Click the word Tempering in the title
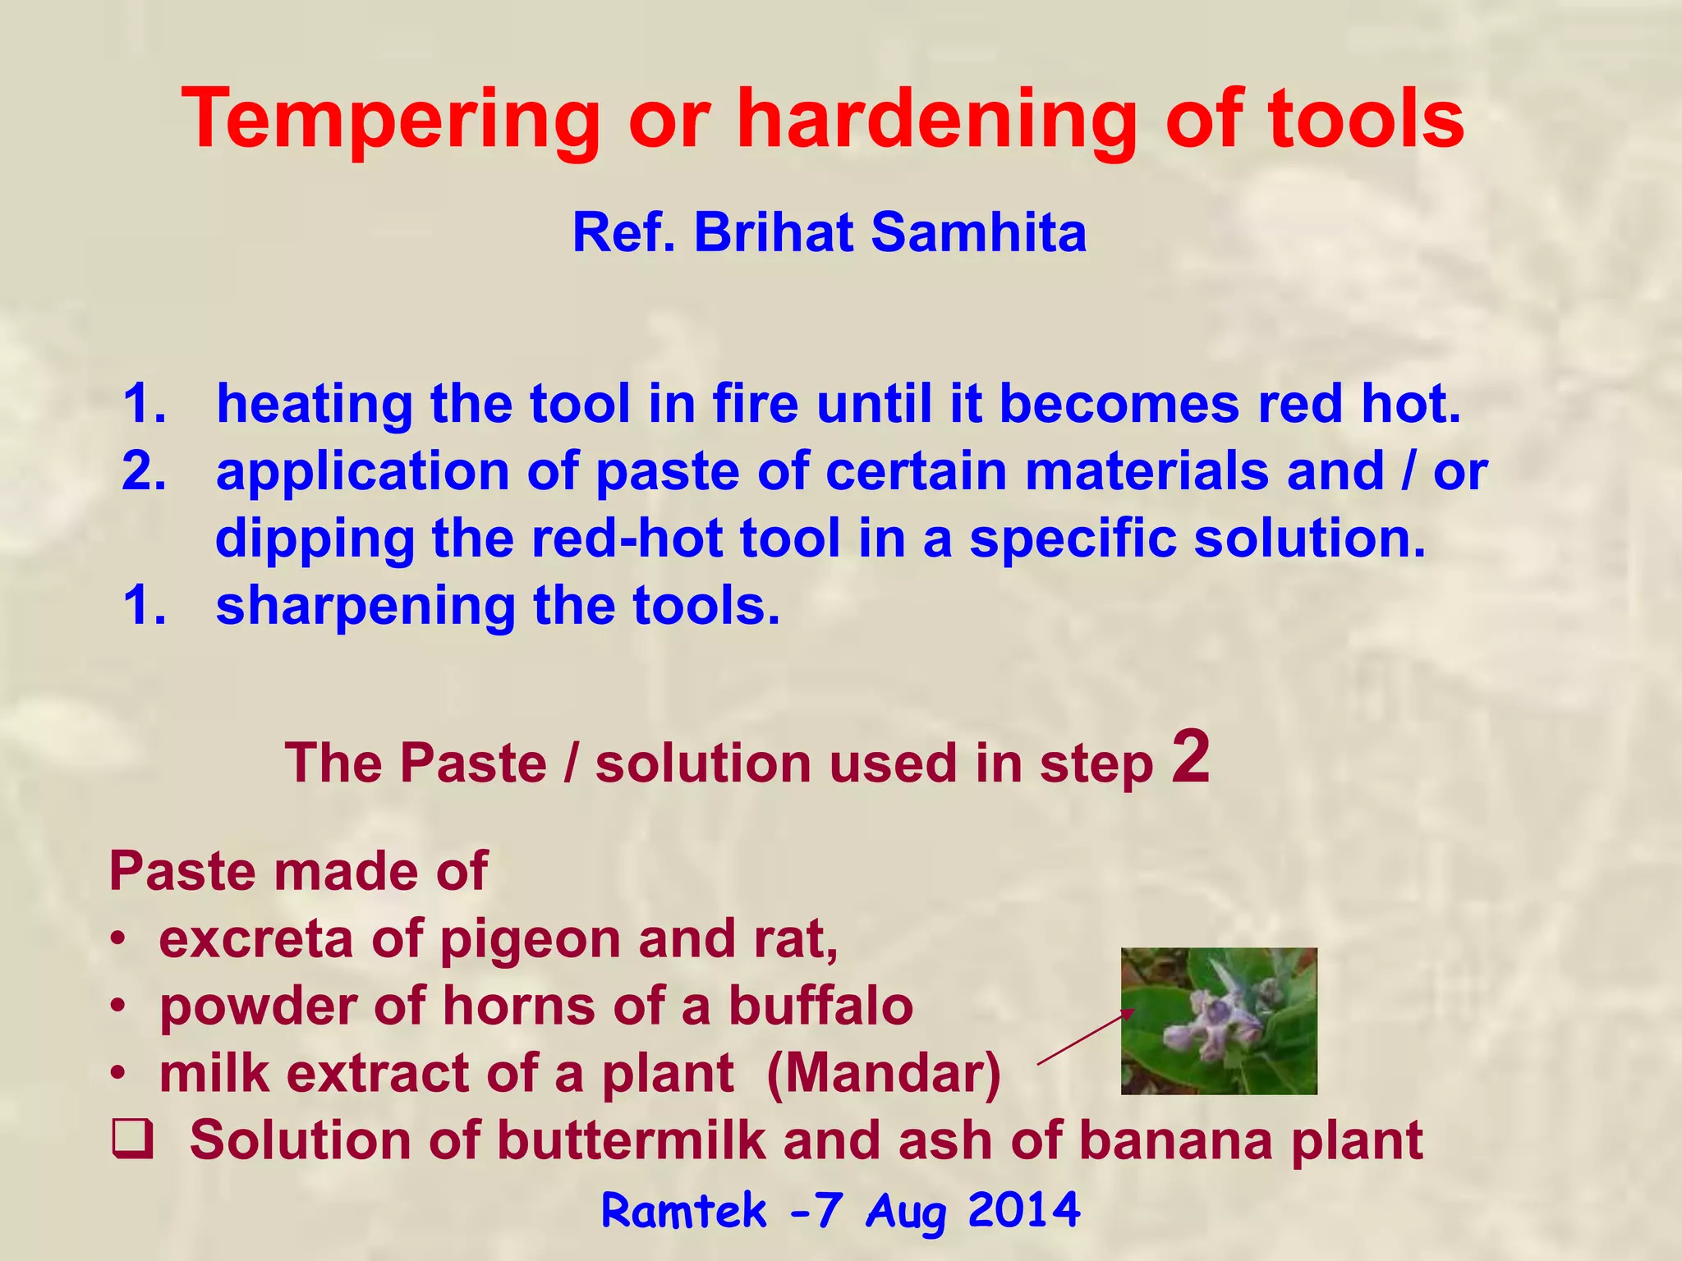(x=391, y=121)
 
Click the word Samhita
(x=978, y=232)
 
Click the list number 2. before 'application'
(x=144, y=472)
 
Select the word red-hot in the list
(x=627, y=539)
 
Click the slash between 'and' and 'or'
(x=1409, y=472)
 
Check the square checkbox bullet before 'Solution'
(x=132, y=1142)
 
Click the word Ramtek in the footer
(x=683, y=1211)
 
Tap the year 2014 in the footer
(x=1023, y=1211)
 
